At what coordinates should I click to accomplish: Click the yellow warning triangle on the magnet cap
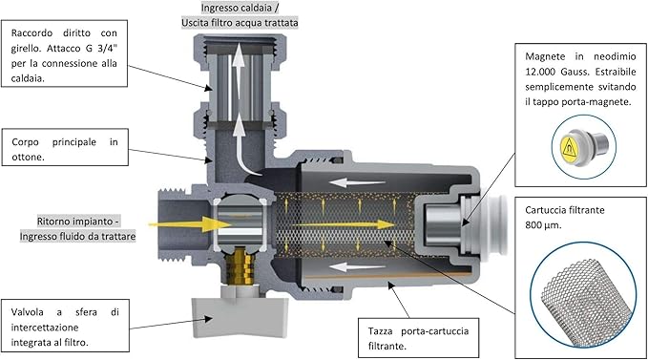pyautogui.click(x=569, y=148)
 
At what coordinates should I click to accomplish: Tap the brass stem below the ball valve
pyautogui.click(x=240, y=266)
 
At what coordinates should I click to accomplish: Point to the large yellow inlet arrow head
pyautogui.click(x=216, y=224)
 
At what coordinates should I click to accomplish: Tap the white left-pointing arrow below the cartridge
pyautogui.click(x=357, y=267)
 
